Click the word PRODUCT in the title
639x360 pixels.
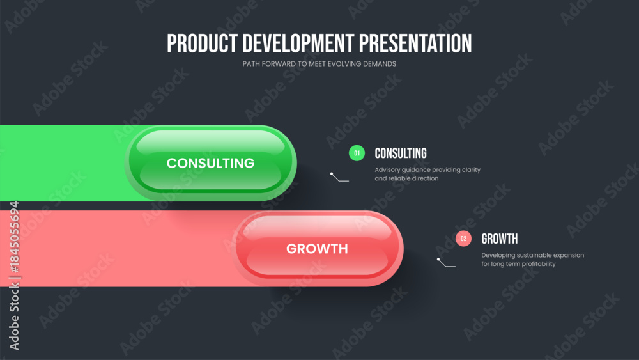(202, 43)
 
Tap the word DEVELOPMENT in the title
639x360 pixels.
(298, 43)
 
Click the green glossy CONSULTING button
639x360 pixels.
(211, 162)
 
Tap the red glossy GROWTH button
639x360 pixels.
(318, 248)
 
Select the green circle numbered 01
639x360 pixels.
(357, 153)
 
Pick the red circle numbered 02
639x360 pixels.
(463, 239)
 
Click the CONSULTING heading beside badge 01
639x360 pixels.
(401, 153)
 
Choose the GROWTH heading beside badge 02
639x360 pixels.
(500, 239)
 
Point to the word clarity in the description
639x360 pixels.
(471, 170)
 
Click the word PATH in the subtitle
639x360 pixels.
(251, 64)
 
